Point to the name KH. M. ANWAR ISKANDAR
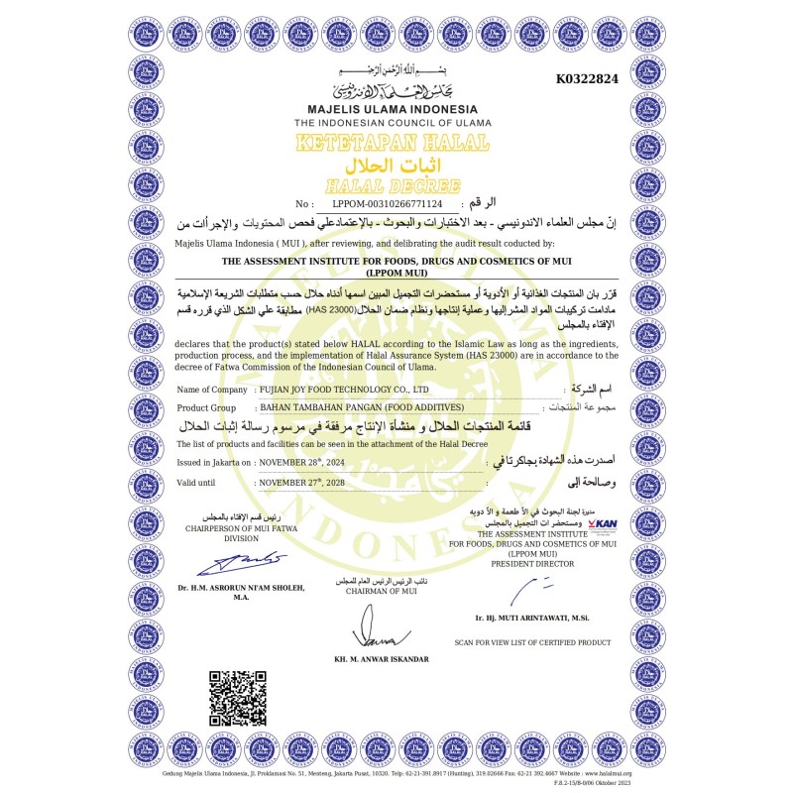click(x=382, y=658)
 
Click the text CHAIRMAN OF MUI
click(x=382, y=591)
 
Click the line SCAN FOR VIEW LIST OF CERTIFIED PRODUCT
click(x=532, y=642)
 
